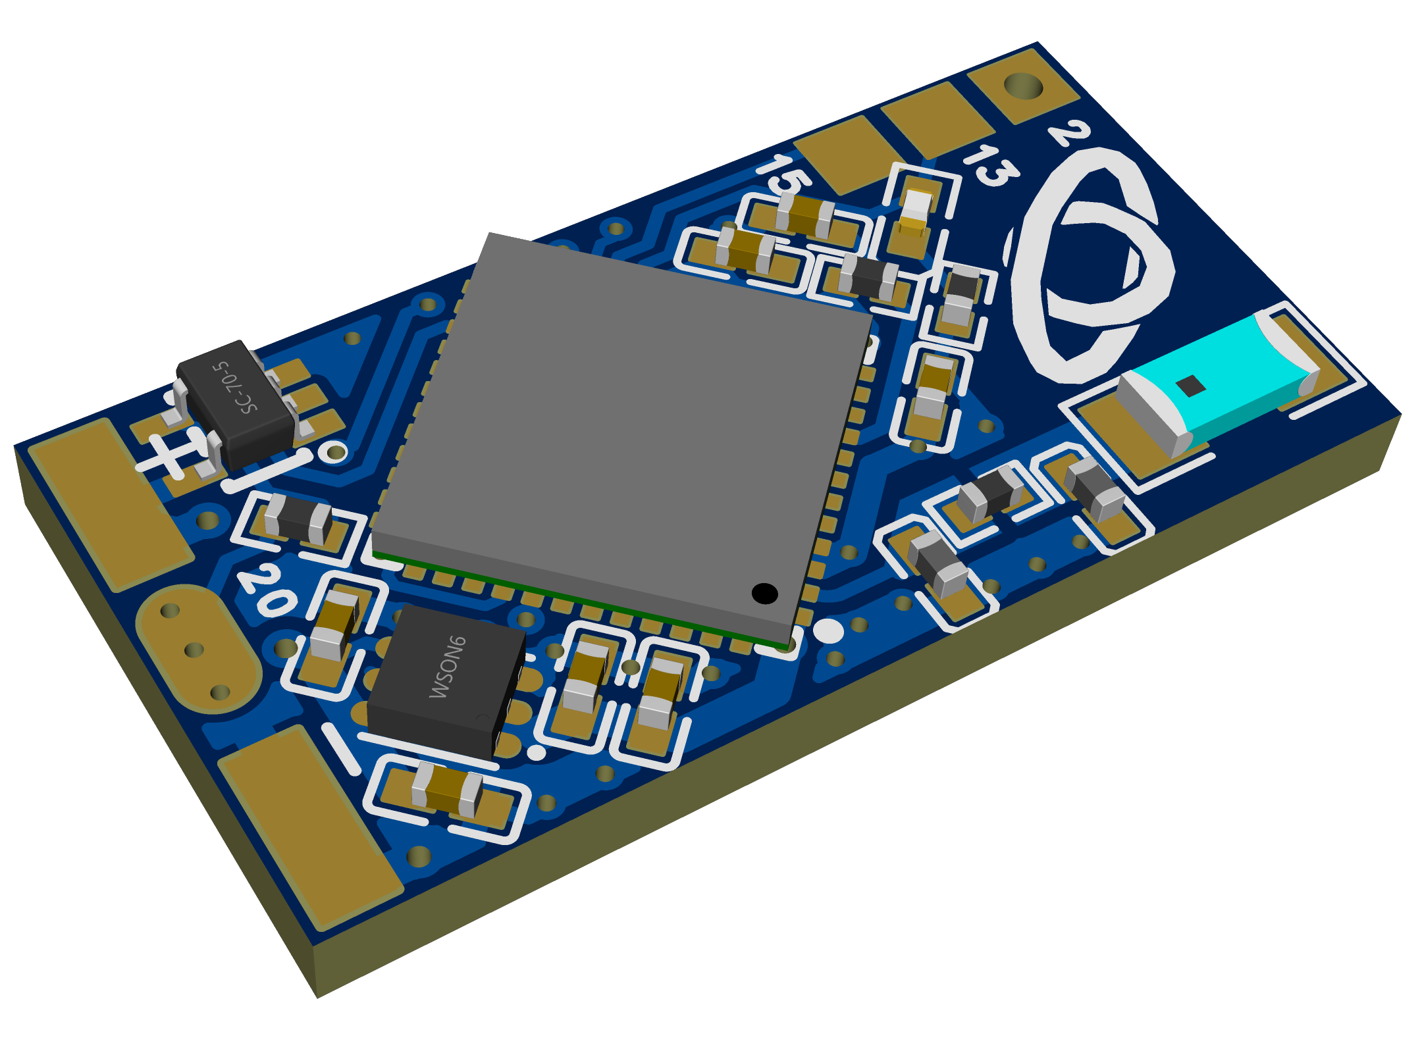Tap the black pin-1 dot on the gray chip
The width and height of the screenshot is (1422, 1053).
(764, 593)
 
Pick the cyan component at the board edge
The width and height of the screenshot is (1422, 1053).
(1218, 382)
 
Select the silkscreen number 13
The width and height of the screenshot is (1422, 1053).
(991, 165)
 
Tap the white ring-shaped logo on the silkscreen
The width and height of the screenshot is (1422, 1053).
(1086, 263)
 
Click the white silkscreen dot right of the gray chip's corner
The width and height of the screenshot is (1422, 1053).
(828, 630)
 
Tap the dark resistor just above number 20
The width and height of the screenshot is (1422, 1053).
(298, 518)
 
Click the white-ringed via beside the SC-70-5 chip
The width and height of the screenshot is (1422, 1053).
(336, 452)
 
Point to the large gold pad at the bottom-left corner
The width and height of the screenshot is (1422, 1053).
(309, 826)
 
